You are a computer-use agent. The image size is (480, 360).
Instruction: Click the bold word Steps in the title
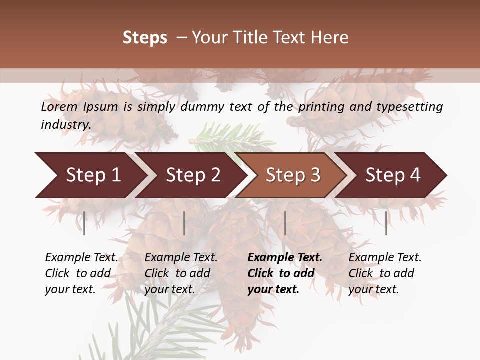(x=145, y=38)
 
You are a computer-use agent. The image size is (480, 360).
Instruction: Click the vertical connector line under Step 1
(x=84, y=223)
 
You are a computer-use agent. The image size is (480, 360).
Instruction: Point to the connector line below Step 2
(x=184, y=223)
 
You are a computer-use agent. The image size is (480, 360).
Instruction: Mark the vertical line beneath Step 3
(x=285, y=223)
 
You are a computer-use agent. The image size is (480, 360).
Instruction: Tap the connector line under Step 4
(x=386, y=223)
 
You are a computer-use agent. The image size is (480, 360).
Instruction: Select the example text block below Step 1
(x=81, y=273)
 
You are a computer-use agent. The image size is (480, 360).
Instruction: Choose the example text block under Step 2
(x=181, y=273)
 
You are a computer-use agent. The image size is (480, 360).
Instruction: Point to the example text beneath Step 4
(x=385, y=273)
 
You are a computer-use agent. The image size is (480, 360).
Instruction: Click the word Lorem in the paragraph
(x=59, y=107)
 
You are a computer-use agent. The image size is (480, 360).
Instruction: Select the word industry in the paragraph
(x=66, y=125)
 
